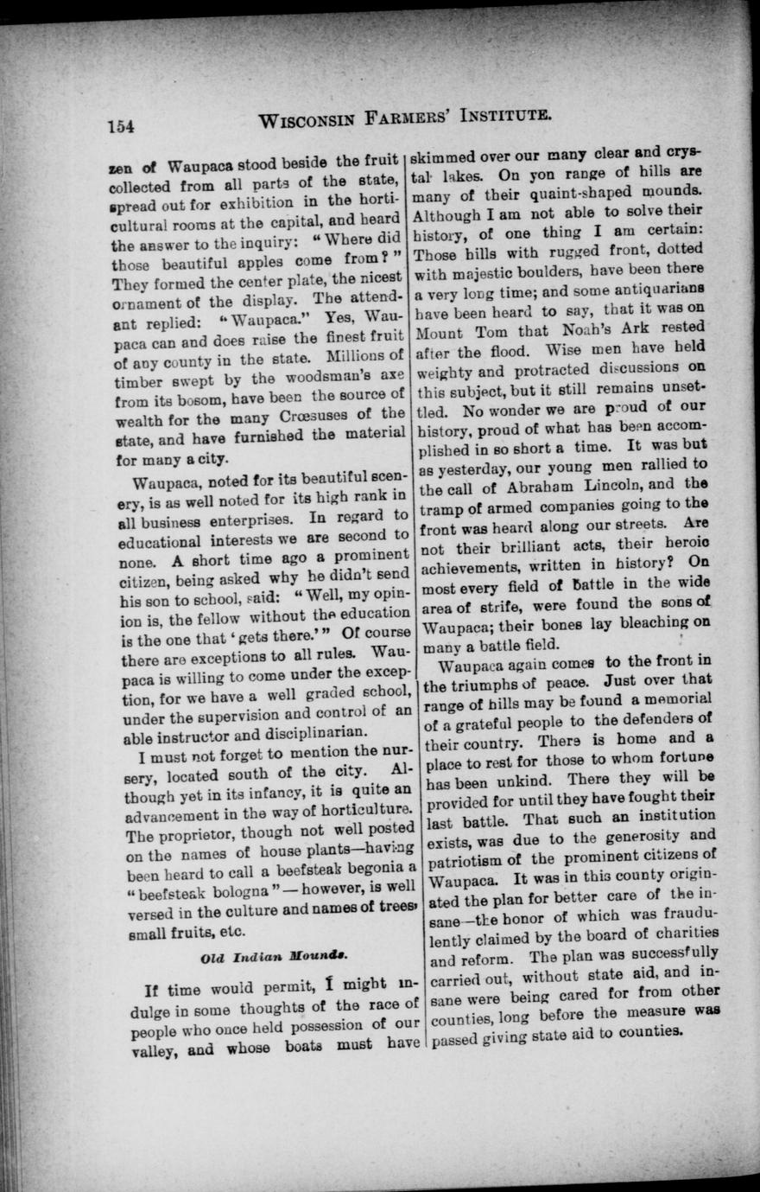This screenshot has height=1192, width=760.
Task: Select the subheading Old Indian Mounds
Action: [x=255, y=958]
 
